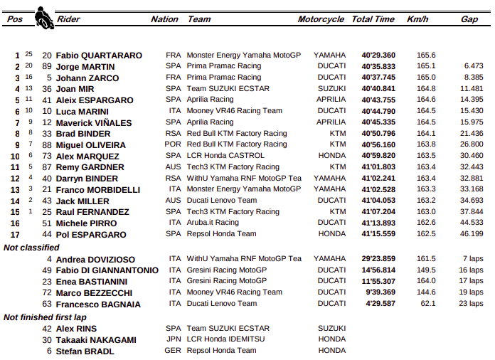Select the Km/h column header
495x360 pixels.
pos(417,19)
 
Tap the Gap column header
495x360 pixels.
pos(469,19)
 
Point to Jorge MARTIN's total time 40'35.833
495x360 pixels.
pos(378,66)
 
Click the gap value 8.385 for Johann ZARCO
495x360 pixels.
pos(473,77)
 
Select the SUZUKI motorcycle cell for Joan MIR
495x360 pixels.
pos(332,88)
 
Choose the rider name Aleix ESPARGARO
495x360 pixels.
pos(95,100)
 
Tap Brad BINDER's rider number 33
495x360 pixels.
pos(47,134)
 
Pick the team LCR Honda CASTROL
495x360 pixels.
pos(227,156)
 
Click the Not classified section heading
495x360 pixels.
pos(31,248)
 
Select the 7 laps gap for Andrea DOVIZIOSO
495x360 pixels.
pos(473,259)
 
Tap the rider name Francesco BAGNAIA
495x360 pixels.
pos(98,304)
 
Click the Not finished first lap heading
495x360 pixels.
pos(44,317)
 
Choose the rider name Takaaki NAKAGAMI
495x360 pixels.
pos(96,340)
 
